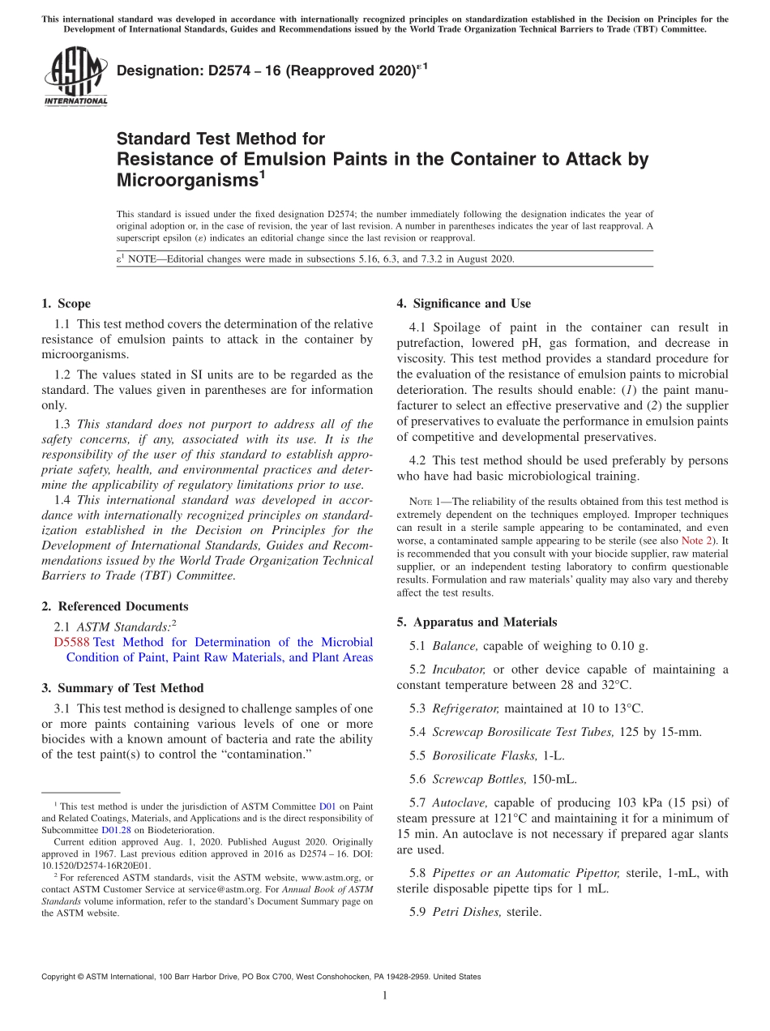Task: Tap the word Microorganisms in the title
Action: coord(186,179)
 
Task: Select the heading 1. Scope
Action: coord(66,304)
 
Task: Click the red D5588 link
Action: coord(71,642)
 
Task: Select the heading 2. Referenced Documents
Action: coord(114,606)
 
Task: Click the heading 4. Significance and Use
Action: coord(464,304)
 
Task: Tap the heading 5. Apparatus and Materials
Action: coord(477,622)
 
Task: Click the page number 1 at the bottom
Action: coord(385,996)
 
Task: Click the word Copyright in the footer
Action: coord(61,977)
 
